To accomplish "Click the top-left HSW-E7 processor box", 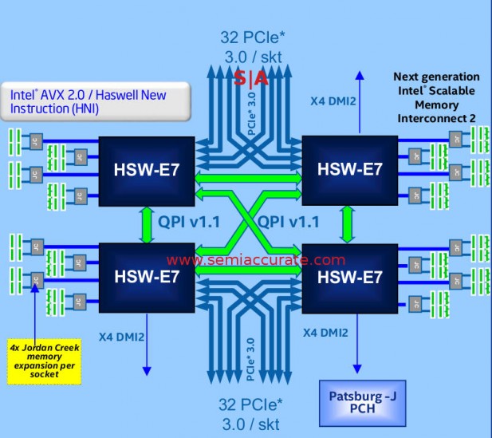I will [x=148, y=169].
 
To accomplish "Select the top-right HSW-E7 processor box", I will [x=350, y=169].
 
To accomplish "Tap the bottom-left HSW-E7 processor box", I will [x=148, y=276].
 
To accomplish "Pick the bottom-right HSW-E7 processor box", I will [x=350, y=276].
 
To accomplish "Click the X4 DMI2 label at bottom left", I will [x=122, y=337].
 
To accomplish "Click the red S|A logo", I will [x=251, y=78].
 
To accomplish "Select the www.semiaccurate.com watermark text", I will [x=256, y=260].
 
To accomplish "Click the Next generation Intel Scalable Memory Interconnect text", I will [x=436, y=97].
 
